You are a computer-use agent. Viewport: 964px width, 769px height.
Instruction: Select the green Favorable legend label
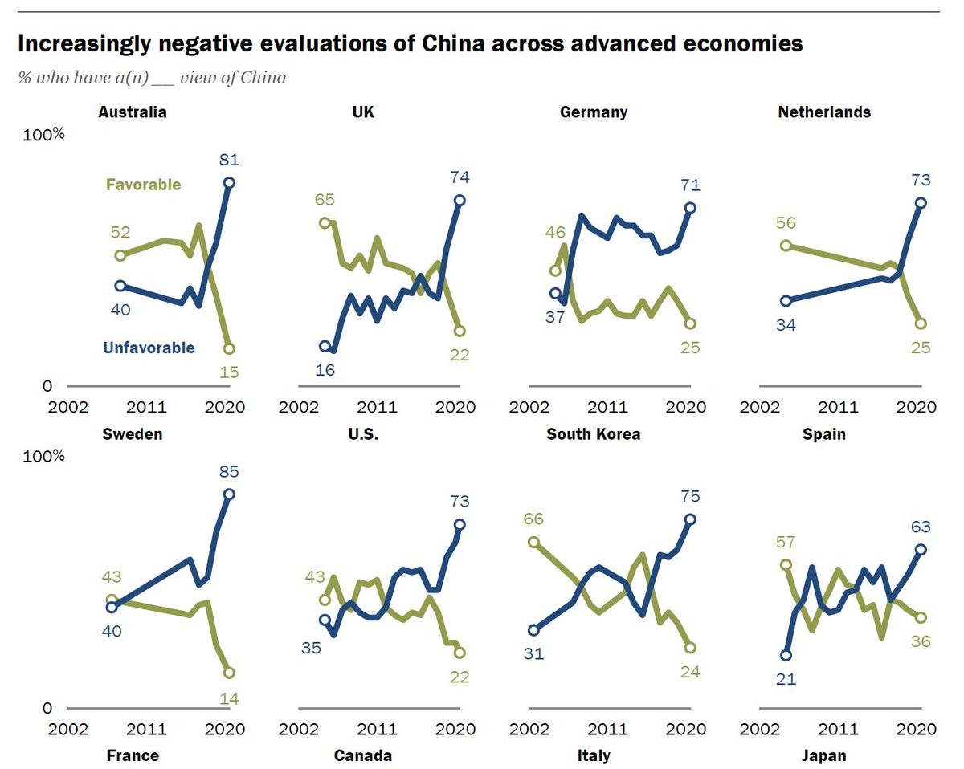pyautogui.click(x=143, y=185)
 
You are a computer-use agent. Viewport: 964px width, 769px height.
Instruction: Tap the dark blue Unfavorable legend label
pyautogui.click(x=149, y=348)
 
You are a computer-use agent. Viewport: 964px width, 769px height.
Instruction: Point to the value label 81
pyautogui.click(x=230, y=159)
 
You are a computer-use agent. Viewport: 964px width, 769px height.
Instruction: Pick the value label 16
pyautogui.click(x=325, y=370)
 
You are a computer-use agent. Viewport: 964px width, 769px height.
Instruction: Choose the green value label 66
pyautogui.click(x=534, y=519)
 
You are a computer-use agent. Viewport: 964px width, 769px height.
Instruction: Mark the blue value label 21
pyautogui.click(x=786, y=679)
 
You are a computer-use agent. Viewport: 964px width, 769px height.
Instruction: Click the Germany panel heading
pyautogui.click(x=594, y=112)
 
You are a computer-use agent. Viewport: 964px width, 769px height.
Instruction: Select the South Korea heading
pyautogui.click(x=594, y=434)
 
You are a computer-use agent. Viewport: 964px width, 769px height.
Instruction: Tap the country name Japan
pyautogui.click(x=823, y=755)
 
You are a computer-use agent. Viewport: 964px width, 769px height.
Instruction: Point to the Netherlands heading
pyautogui.click(x=824, y=112)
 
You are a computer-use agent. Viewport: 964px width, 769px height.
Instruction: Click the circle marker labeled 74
pyautogui.click(x=460, y=201)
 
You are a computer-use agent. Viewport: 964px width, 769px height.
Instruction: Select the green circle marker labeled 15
pyautogui.click(x=229, y=349)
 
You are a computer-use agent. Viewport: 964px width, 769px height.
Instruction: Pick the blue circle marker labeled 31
pyautogui.click(x=534, y=630)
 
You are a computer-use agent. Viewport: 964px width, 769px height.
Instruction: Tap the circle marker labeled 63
pyautogui.click(x=921, y=550)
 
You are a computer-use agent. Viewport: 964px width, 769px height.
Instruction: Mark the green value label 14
pyautogui.click(x=229, y=698)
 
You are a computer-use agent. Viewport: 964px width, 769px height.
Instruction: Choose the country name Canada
pyautogui.click(x=364, y=755)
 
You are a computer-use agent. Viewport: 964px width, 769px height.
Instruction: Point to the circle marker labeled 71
pyautogui.click(x=690, y=208)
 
